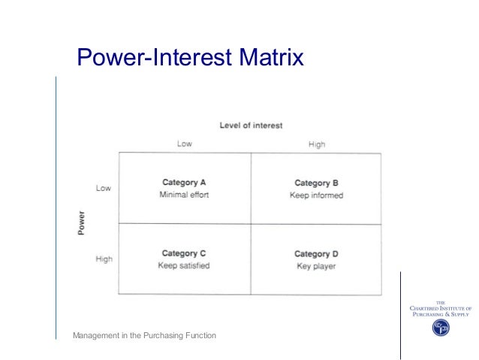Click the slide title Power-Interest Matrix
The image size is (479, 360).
[x=191, y=58]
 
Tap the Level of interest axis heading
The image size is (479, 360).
[x=251, y=126]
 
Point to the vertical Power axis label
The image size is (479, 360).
[x=81, y=223]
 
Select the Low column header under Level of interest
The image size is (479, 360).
[x=184, y=144]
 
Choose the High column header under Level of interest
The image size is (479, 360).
[x=317, y=144]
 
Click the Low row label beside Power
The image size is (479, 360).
[x=104, y=188]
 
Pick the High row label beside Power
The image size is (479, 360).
[x=104, y=259]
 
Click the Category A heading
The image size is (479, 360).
[x=184, y=182]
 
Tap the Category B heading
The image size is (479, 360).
[x=316, y=183]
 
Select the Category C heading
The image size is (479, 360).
[x=184, y=253]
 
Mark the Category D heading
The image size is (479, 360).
[x=316, y=254]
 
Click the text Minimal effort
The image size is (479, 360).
[x=184, y=195]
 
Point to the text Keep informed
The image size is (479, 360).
[x=316, y=195]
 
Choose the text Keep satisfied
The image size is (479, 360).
[x=184, y=265]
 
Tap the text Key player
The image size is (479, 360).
[x=316, y=266]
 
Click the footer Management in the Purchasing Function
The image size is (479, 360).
[x=144, y=334]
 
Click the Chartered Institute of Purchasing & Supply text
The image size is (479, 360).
[x=440, y=309]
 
